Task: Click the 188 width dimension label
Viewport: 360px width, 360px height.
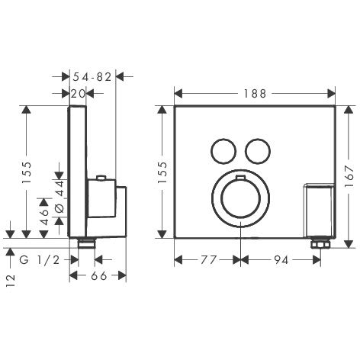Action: click(x=255, y=94)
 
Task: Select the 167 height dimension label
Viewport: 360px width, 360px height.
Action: click(x=349, y=176)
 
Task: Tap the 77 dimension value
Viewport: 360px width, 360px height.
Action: click(x=208, y=260)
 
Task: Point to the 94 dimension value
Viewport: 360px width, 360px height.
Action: click(x=281, y=260)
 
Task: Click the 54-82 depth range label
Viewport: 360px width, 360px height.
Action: click(x=92, y=77)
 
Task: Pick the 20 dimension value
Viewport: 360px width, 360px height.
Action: click(x=78, y=94)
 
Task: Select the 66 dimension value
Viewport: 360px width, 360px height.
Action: click(x=98, y=275)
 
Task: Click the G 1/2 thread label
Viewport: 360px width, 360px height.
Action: click(x=40, y=260)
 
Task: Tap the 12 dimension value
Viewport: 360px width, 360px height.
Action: click(x=11, y=281)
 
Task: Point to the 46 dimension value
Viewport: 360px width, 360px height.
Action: click(x=44, y=217)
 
